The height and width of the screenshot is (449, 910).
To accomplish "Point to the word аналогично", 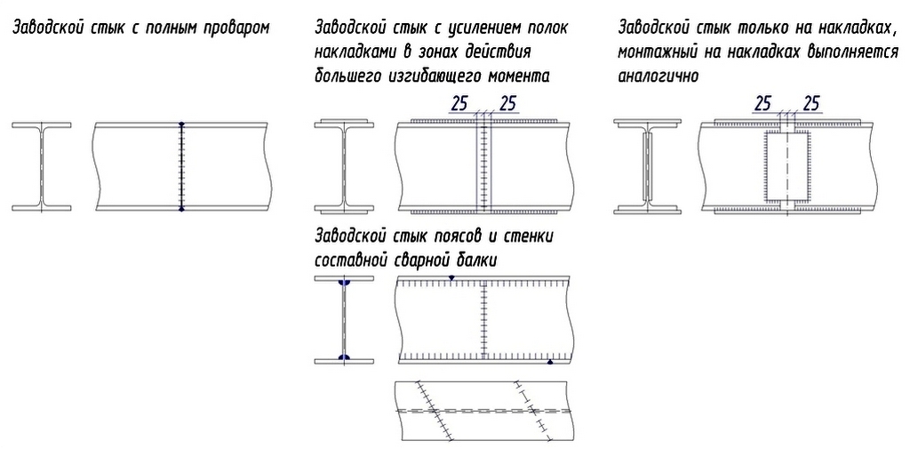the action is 659,76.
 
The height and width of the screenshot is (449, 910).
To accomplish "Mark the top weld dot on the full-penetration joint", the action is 181,124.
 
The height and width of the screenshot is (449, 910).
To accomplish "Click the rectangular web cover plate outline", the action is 765,167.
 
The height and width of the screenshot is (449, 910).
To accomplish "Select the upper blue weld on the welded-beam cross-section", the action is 344,283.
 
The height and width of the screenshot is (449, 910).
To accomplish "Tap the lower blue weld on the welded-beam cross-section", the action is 344,357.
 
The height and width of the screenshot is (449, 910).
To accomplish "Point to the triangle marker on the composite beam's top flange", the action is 451,278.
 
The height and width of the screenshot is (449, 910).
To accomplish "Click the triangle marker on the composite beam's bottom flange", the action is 549,361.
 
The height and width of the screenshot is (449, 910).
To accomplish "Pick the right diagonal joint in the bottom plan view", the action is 533,411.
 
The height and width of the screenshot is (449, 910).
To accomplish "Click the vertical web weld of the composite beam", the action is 483,319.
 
